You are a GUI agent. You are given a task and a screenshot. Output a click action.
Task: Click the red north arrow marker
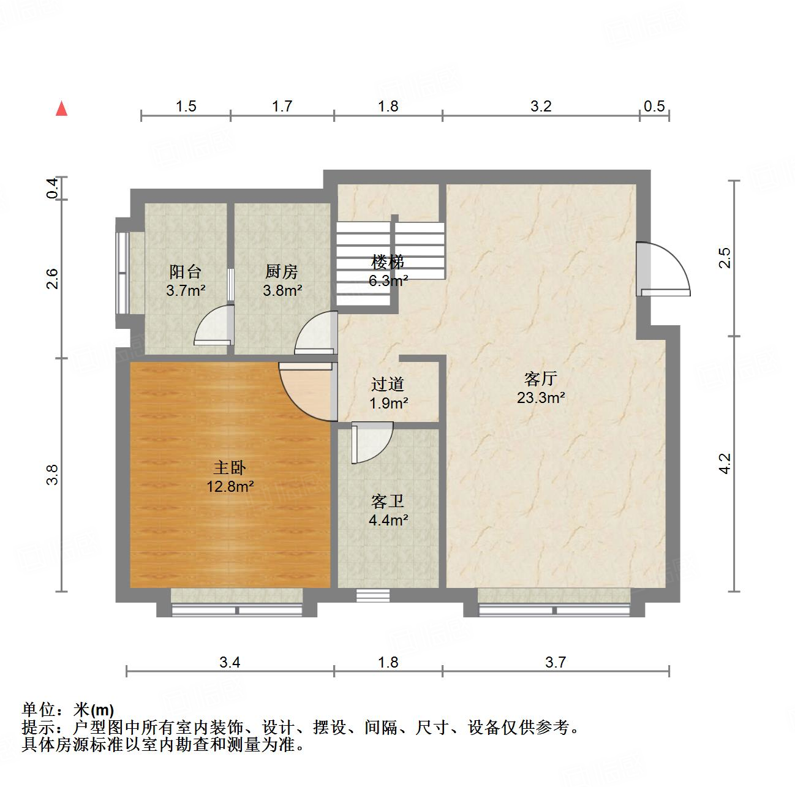(x=61, y=108)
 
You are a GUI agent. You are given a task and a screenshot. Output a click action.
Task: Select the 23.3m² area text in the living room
(x=540, y=398)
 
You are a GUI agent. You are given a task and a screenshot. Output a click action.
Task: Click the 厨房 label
(x=282, y=271)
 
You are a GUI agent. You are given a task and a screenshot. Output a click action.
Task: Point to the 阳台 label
(x=185, y=271)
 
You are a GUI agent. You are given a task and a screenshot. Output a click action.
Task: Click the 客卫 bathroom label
(x=388, y=502)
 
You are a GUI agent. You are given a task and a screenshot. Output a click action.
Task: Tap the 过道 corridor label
(x=388, y=385)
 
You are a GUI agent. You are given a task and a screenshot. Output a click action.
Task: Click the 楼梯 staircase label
(x=388, y=262)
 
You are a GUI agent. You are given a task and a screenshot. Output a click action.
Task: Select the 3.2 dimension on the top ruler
(x=541, y=106)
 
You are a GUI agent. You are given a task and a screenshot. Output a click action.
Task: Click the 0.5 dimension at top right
(x=654, y=106)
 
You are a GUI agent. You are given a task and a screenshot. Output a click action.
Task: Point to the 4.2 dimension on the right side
(x=725, y=463)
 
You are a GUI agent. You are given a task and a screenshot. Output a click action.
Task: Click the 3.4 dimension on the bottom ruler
(x=230, y=661)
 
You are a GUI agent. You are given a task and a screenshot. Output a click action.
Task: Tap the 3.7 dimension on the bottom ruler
(x=556, y=661)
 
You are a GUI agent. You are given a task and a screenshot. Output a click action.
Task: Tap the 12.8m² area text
(x=231, y=487)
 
